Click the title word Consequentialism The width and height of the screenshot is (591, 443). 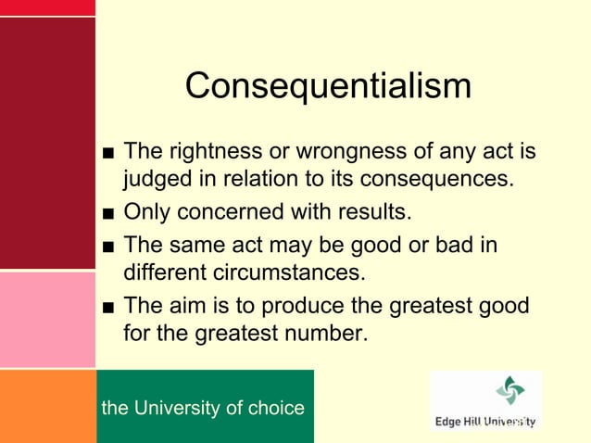[x=328, y=86]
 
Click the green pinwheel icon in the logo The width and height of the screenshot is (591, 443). [x=509, y=390]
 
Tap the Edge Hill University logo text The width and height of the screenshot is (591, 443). [x=485, y=422]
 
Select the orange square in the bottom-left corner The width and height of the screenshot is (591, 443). [x=47, y=406]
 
